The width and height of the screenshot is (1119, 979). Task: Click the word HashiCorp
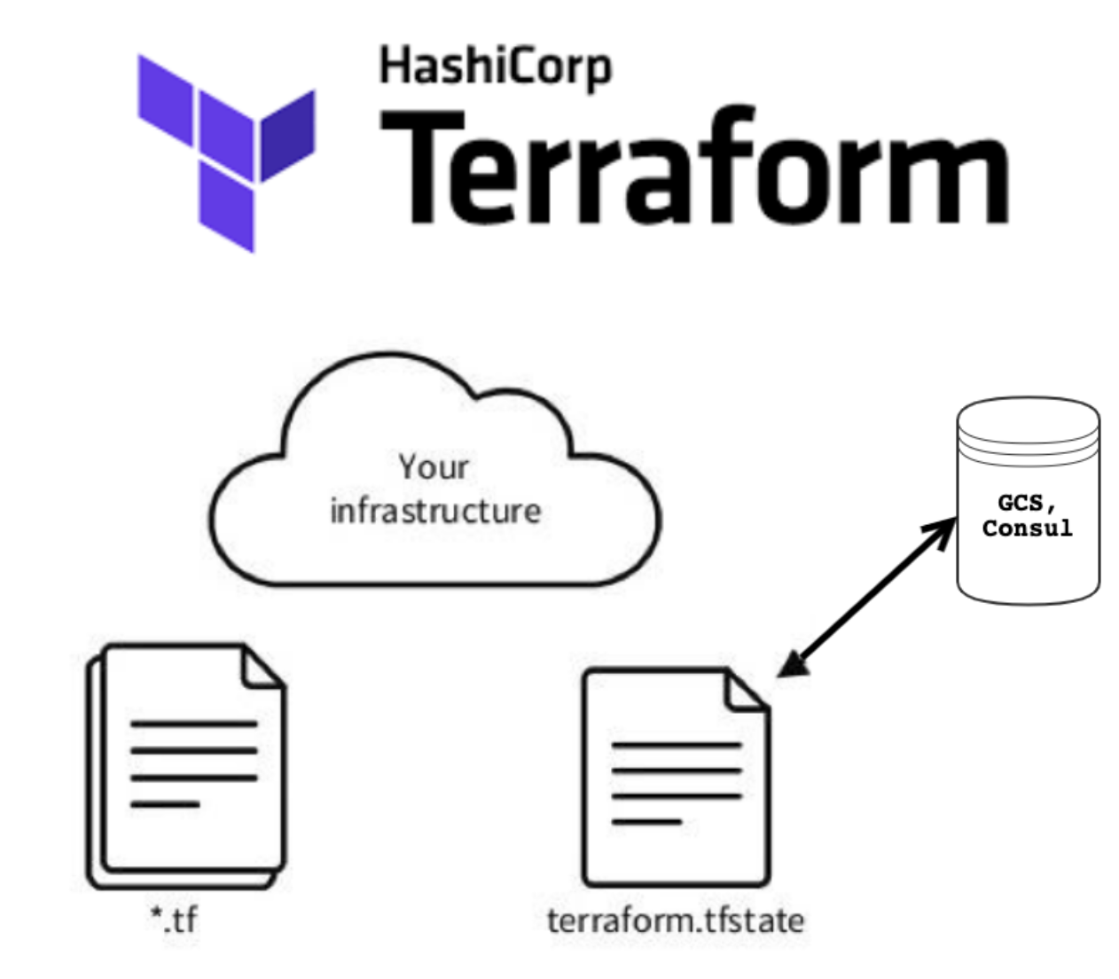[x=495, y=68]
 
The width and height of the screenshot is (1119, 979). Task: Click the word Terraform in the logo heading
[x=694, y=168]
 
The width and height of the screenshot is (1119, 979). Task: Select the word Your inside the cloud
[x=433, y=466]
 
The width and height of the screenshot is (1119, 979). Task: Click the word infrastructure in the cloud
[x=434, y=512]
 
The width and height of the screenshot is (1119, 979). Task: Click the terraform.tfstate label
[x=676, y=920]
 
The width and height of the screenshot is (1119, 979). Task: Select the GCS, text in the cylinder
[x=1027, y=503]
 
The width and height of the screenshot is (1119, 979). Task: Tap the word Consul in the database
[x=1027, y=529]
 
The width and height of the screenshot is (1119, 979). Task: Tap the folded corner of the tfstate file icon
[x=747, y=693]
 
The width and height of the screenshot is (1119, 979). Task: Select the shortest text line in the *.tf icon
[x=165, y=804]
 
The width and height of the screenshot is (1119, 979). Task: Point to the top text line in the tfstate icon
[x=676, y=746]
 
